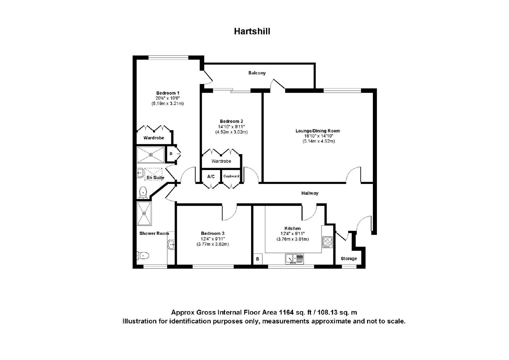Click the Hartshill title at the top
[252, 31]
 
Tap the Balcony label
[257, 73]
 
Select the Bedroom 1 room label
[168, 93]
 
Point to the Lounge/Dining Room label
[318, 131]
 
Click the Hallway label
[310, 193]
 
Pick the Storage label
[349, 258]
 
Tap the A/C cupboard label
[211, 176]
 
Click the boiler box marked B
[258, 259]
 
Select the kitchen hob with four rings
[327, 242]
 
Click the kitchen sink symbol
[295, 259]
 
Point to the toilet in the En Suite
[143, 193]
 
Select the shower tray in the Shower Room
[144, 213]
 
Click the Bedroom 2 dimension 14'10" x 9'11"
[231, 127]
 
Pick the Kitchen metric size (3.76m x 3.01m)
[292, 239]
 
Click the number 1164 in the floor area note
[286, 312]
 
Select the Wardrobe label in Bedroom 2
[221, 161]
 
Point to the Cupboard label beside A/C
[231, 176]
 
